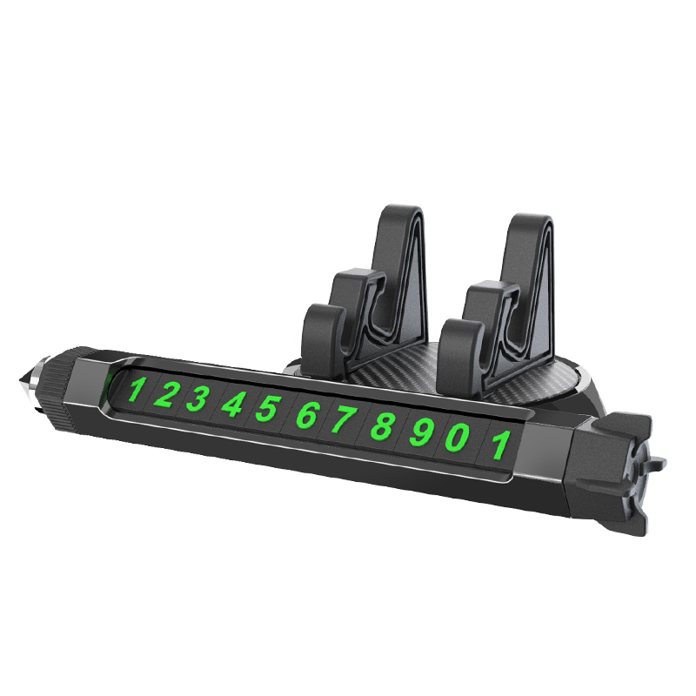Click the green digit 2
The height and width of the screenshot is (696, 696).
pyautogui.click(x=164, y=395)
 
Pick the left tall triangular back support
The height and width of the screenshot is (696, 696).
pyautogui.click(x=402, y=261)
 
